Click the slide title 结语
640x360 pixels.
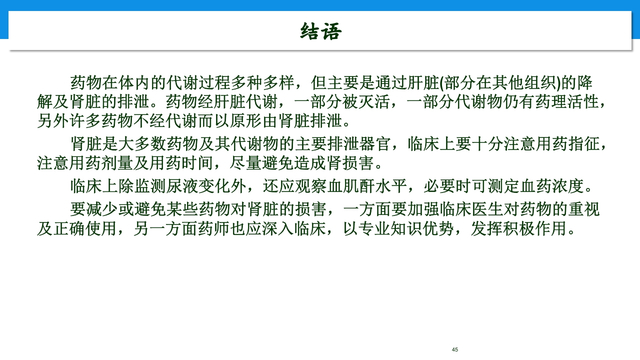point(320,31)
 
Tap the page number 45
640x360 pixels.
point(454,349)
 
